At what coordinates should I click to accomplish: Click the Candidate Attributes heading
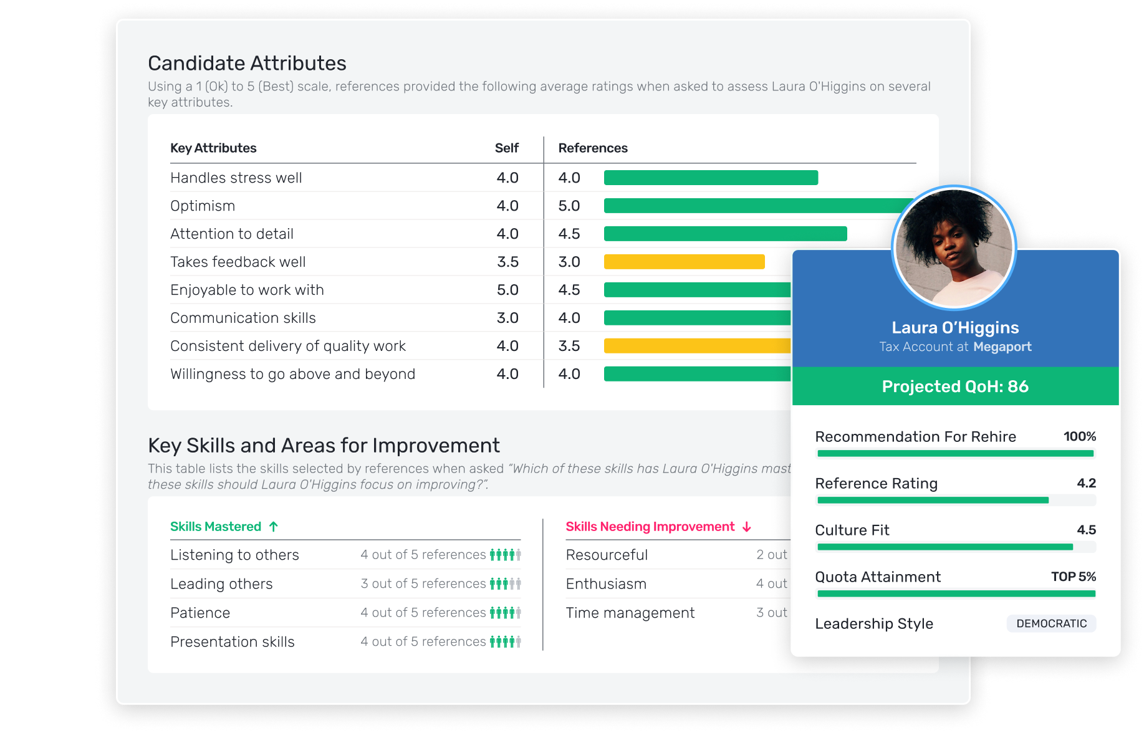click(x=247, y=64)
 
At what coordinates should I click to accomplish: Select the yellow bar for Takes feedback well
click(x=684, y=262)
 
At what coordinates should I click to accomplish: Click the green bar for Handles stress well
click(x=711, y=178)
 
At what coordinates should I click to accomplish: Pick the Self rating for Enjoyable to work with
click(x=507, y=290)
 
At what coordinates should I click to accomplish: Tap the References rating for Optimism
click(x=569, y=206)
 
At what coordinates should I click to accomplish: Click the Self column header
click(x=506, y=148)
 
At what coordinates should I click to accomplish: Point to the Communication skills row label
click(x=243, y=318)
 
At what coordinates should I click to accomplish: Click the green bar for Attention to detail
click(x=725, y=234)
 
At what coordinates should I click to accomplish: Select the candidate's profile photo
click(x=954, y=247)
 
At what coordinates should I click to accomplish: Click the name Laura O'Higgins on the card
click(x=955, y=328)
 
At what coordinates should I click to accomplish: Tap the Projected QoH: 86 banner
click(x=955, y=386)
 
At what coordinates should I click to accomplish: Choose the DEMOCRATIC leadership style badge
click(x=1051, y=623)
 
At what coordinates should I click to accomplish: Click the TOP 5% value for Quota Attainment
click(x=1073, y=577)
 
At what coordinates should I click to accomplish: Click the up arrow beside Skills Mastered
click(x=274, y=527)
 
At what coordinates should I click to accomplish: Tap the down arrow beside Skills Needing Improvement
click(x=747, y=527)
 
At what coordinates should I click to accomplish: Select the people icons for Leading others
click(x=505, y=583)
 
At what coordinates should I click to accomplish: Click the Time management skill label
click(x=630, y=613)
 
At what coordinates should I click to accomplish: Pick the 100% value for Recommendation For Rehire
click(x=1079, y=436)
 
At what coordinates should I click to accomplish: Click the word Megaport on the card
click(x=1002, y=347)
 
